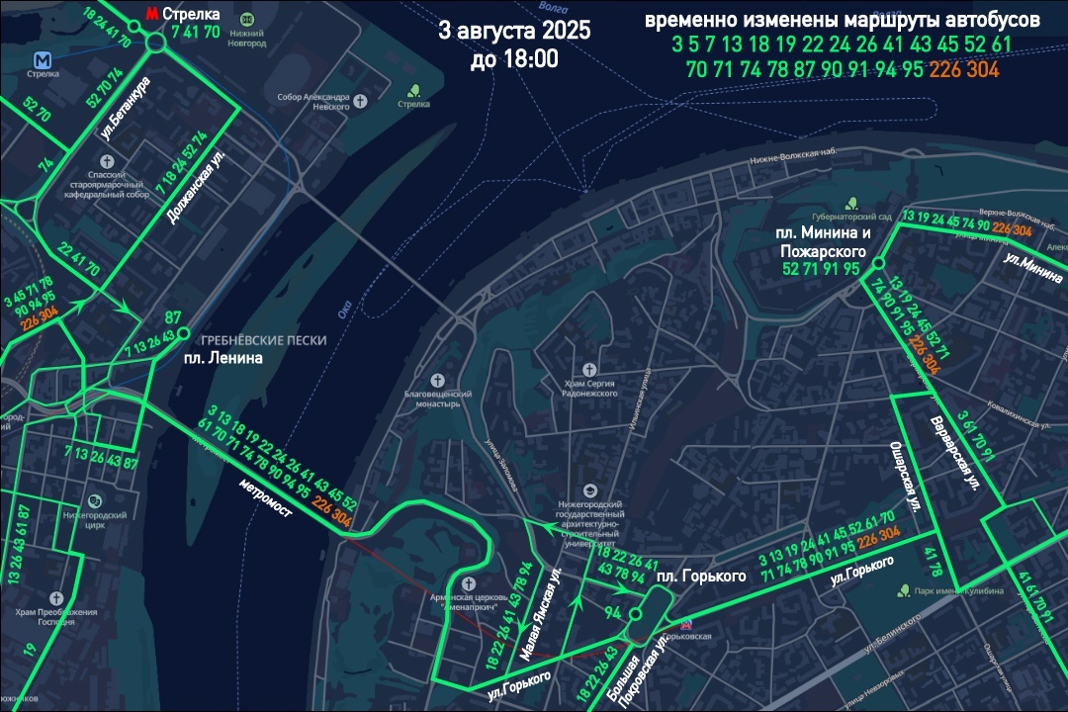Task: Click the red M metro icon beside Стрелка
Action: point(151,14)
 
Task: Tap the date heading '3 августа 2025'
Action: point(514,30)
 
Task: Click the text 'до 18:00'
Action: point(514,59)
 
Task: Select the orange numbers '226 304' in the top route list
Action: point(964,70)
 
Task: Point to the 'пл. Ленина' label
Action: point(223,358)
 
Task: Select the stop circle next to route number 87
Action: point(183,334)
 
